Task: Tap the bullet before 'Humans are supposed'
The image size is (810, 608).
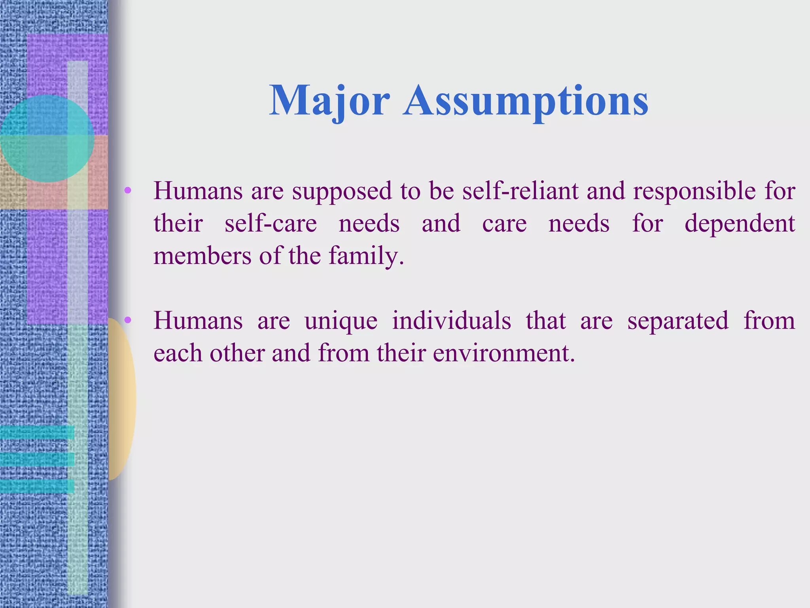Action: [x=127, y=191]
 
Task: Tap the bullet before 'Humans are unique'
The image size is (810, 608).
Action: [x=127, y=320]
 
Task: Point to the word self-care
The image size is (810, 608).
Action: [x=271, y=223]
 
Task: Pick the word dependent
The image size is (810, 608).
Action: [x=739, y=224]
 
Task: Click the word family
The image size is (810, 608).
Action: [x=366, y=256]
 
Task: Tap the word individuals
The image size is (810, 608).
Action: [x=451, y=320]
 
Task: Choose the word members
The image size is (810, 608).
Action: [x=202, y=256]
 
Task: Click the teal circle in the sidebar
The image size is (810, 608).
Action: [x=47, y=139]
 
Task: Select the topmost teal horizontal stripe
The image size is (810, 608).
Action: [x=37, y=432]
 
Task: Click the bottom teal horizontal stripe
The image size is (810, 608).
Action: [x=37, y=486]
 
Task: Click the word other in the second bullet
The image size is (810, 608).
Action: [x=237, y=353]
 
